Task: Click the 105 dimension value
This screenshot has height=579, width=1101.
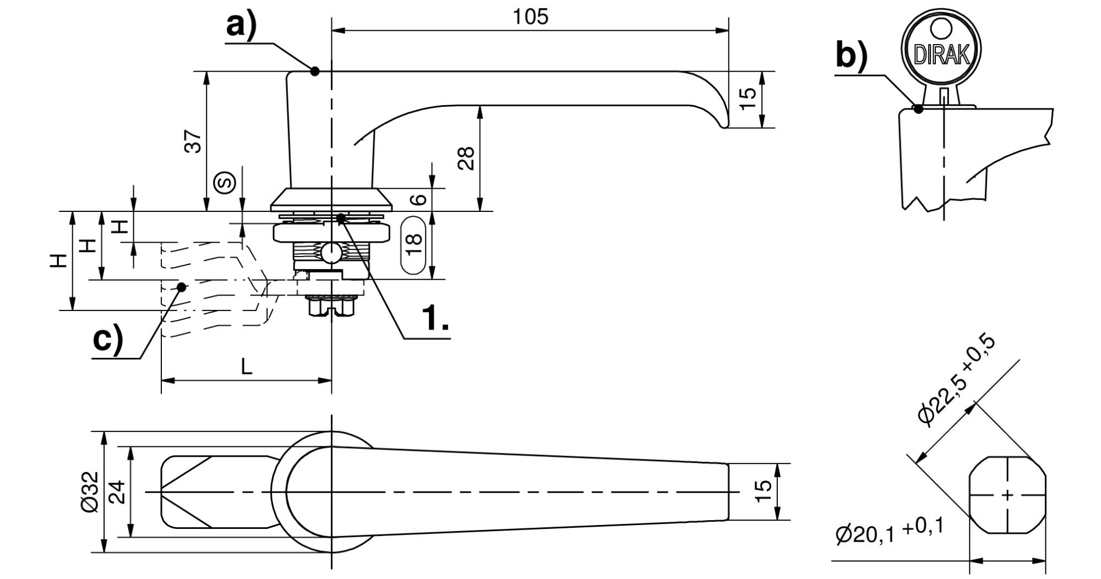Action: point(531,17)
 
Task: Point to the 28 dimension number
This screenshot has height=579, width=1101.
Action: point(466,159)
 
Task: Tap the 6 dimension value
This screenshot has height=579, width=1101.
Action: point(419,198)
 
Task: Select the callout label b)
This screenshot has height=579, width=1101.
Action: point(851,56)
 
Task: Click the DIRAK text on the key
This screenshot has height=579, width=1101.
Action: point(941,54)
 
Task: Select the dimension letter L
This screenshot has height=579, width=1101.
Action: point(247,366)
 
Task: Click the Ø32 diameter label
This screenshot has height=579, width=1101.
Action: point(90,491)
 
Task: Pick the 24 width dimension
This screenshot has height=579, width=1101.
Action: point(117,492)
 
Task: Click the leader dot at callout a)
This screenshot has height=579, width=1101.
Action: point(315,71)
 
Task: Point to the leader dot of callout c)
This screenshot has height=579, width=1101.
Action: point(182,287)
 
